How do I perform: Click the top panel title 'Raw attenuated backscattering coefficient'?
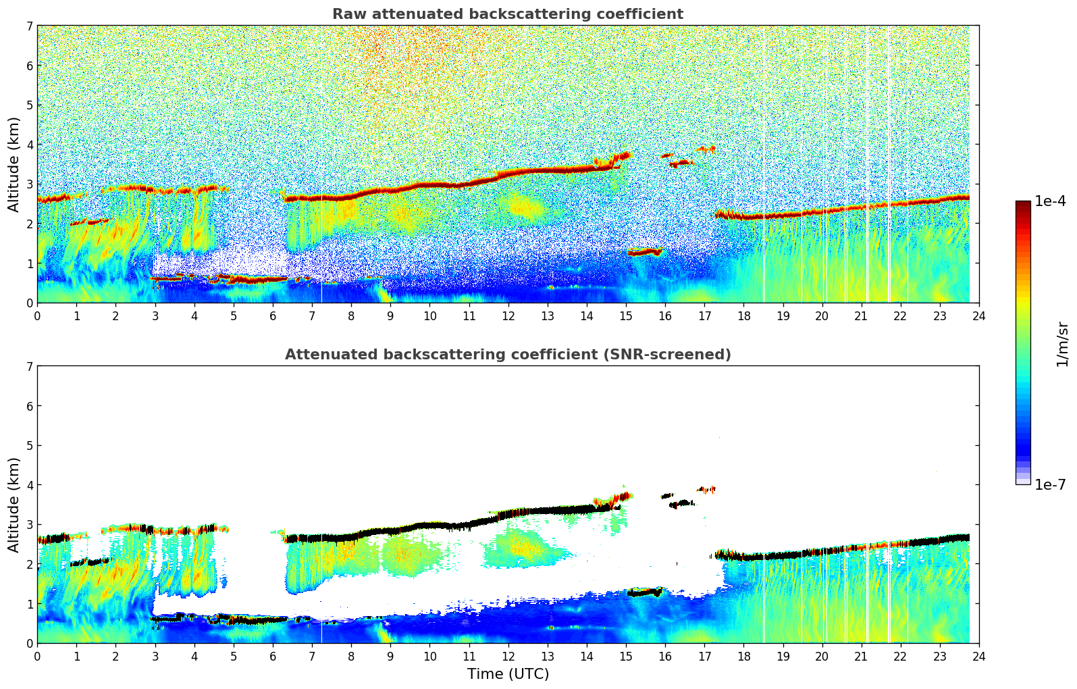(507, 14)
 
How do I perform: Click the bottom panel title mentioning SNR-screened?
(507, 355)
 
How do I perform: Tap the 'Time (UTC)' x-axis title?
(508, 674)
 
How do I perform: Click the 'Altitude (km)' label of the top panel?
(14, 164)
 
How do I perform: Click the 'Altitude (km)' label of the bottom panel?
(14, 505)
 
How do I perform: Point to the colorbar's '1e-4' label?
(1050, 201)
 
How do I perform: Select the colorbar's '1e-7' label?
(1050, 485)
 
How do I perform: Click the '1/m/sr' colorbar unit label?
(1062, 344)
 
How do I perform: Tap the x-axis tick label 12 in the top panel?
(508, 315)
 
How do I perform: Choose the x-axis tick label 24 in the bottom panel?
(978, 656)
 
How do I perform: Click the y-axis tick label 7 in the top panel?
(29, 26)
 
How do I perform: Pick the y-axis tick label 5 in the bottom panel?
(29, 446)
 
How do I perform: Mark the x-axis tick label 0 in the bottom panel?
(37, 656)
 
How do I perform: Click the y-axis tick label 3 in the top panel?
(29, 184)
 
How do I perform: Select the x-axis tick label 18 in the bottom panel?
(743, 656)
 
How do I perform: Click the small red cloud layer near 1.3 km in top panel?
(643, 253)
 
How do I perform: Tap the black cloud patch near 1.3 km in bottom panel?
(643, 592)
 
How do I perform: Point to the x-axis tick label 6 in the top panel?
(273, 315)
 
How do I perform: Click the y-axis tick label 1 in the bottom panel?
(29, 604)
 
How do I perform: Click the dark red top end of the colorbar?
(1022, 204)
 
